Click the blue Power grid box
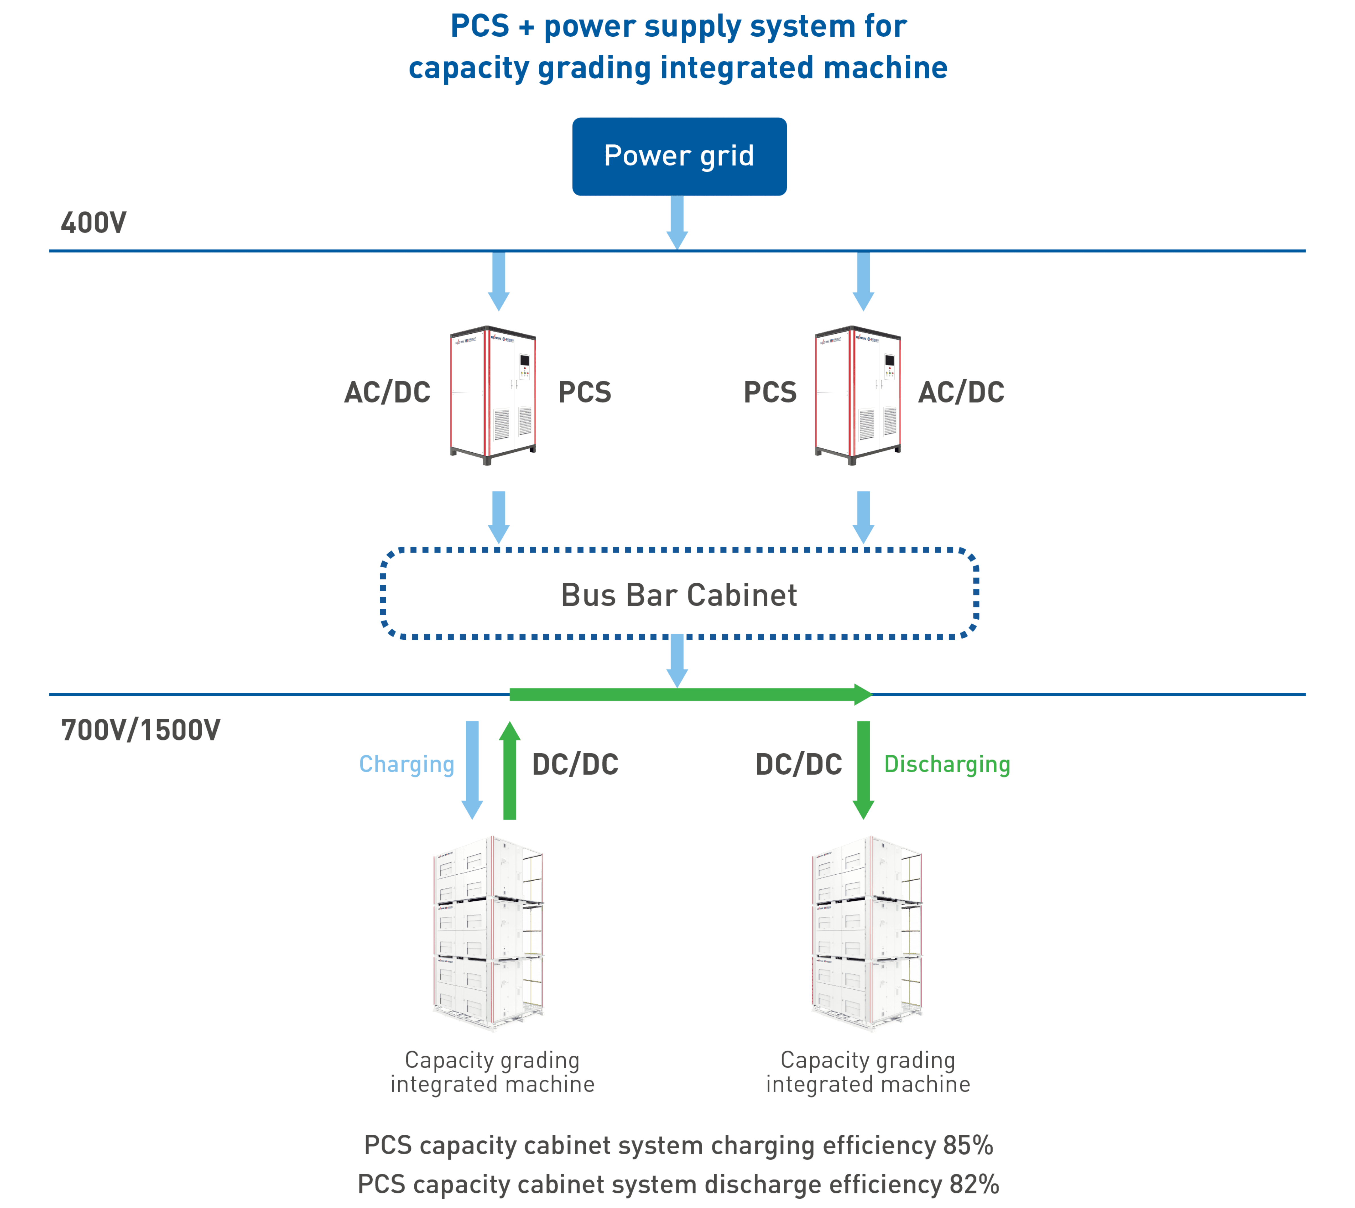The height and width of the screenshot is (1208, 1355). point(679,157)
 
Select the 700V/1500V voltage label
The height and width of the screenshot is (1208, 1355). point(140,730)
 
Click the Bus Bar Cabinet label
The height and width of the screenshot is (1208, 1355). point(678,595)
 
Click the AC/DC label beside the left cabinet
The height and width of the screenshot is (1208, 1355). point(387,392)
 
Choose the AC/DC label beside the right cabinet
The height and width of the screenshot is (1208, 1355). point(961,392)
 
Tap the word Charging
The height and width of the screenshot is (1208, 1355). point(406,765)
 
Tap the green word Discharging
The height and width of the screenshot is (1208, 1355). point(947,765)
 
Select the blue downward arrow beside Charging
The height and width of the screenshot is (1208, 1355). point(472,770)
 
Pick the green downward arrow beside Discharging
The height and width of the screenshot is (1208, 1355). point(863,770)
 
